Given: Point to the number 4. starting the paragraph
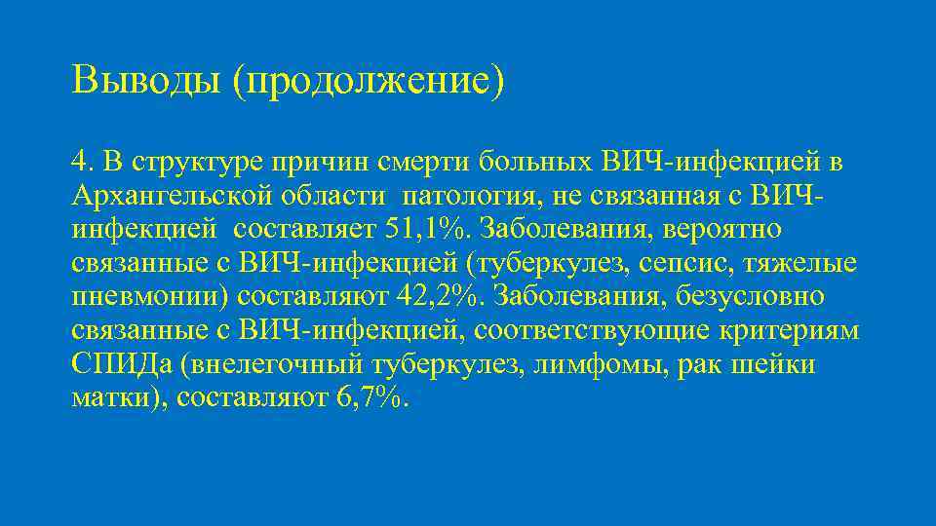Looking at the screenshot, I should pos(84,159).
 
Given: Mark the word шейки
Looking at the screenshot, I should pos(780,366).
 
